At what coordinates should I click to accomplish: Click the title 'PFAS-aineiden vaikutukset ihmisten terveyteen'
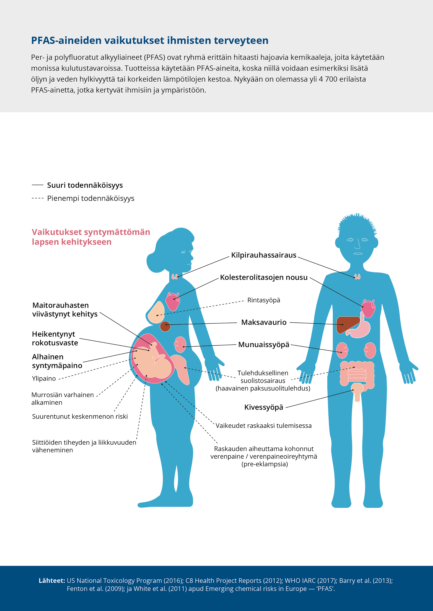150,40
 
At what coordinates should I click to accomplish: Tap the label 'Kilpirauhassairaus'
264,255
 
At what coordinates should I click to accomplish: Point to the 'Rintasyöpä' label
264,300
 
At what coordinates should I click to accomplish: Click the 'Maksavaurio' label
264,322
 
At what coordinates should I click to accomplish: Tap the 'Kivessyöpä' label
264,407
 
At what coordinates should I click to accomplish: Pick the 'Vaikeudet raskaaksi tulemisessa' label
263,425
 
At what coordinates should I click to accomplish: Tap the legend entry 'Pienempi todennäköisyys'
91,198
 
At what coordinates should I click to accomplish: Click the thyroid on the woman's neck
175,276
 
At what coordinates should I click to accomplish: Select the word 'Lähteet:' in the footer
52,581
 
